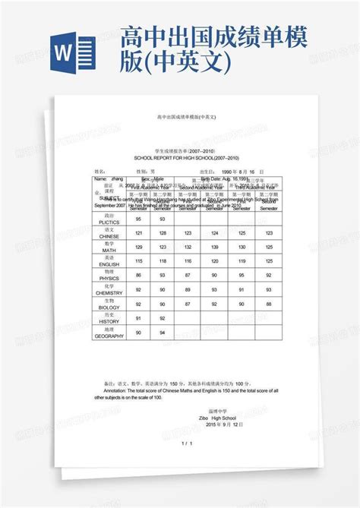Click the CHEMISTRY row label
(x=109, y=292)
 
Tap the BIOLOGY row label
(x=109, y=306)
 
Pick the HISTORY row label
(x=109, y=320)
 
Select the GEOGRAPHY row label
(x=109, y=335)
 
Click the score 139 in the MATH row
(x=214, y=247)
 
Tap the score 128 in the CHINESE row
(x=163, y=232)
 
